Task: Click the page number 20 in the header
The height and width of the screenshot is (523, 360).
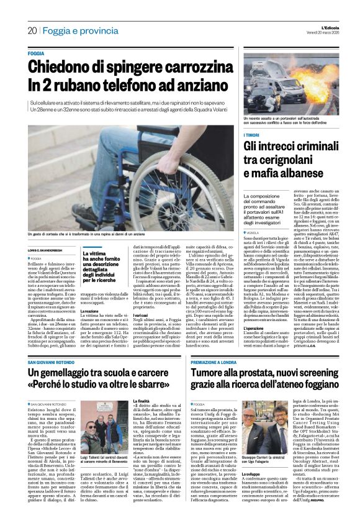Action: point(32,30)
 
